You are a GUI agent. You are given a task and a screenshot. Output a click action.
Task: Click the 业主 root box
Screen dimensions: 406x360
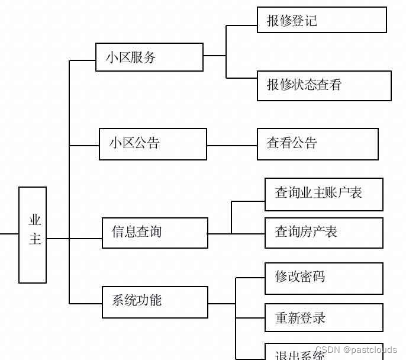(33, 235)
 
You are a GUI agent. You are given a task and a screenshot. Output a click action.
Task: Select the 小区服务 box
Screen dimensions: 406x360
(149, 57)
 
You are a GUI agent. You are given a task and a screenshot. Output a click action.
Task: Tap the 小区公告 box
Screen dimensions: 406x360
(153, 144)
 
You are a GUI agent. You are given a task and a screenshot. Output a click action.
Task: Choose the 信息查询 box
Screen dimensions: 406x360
(155, 233)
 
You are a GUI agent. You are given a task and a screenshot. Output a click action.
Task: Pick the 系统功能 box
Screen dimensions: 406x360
(155, 302)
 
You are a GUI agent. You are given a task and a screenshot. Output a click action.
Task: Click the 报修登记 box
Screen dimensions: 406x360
(322, 20)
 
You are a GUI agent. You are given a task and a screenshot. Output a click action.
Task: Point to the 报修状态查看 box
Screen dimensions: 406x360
(324, 86)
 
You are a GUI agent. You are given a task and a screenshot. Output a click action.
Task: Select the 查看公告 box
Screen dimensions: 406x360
(318, 144)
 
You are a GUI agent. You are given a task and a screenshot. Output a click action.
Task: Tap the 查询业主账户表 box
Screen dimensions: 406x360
(324, 194)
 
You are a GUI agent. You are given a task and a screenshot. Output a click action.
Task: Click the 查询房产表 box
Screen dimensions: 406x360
(324, 233)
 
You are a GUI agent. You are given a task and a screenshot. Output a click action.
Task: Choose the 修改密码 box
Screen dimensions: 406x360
(324, 278)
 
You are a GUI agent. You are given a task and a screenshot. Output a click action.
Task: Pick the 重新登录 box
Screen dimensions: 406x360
(324, 317)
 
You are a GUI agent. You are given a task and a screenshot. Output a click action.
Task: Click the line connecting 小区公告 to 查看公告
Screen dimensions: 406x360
(232, 145)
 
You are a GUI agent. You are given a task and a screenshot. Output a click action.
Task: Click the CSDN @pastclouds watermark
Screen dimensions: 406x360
(356, 350)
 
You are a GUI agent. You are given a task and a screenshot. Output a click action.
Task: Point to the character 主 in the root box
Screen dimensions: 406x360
(36, 239)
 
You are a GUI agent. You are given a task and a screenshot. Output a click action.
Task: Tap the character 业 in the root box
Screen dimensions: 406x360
(36, 220)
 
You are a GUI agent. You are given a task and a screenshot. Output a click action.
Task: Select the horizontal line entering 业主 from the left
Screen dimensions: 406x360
(9, 234)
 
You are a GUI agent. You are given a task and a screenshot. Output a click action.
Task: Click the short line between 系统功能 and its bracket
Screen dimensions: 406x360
(222, 304)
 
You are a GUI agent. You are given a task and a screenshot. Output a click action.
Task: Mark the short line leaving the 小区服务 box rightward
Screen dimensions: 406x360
(214, 56)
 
